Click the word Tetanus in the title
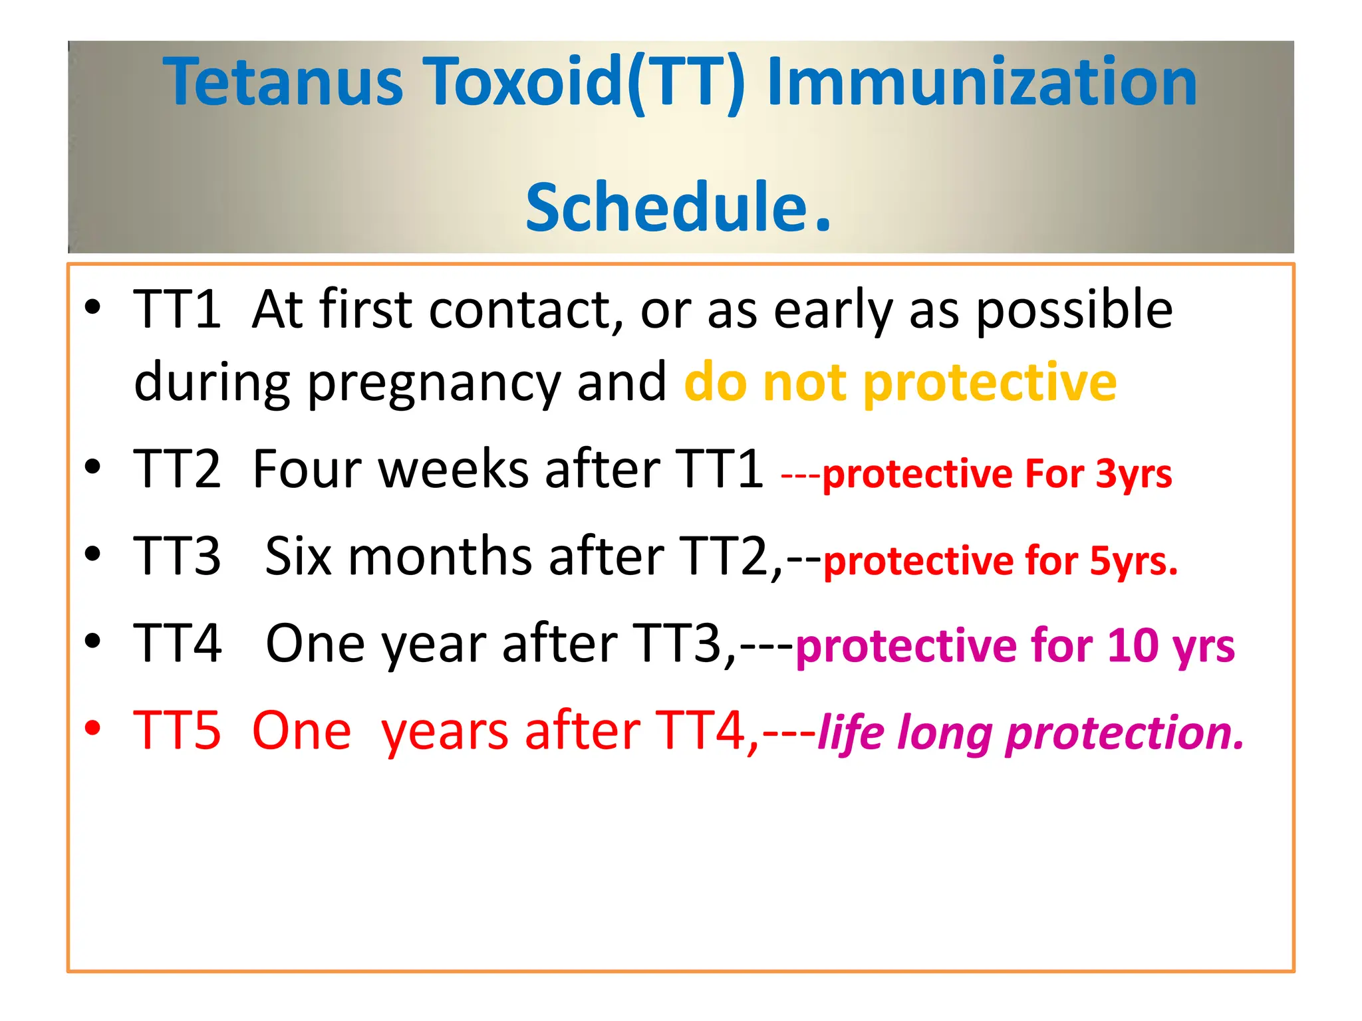click(x=283, y=82)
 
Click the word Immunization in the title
click(x=982, y=82)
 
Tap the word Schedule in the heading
click(x=667, y=207)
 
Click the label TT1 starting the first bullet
click(x=177, y=310)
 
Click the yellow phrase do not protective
click(x=900, y=383)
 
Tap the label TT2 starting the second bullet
click(x=177, y=469)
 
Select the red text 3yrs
click(x=1134, y=475)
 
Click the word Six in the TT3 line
click(x=298, y=556)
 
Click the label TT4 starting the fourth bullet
click(x=177, y=643)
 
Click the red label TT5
click(x=177, y=731)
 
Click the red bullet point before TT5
click(x=92, y=729)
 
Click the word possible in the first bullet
click(x=1074, y=310)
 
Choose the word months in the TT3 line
click(x=440, y=556)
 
